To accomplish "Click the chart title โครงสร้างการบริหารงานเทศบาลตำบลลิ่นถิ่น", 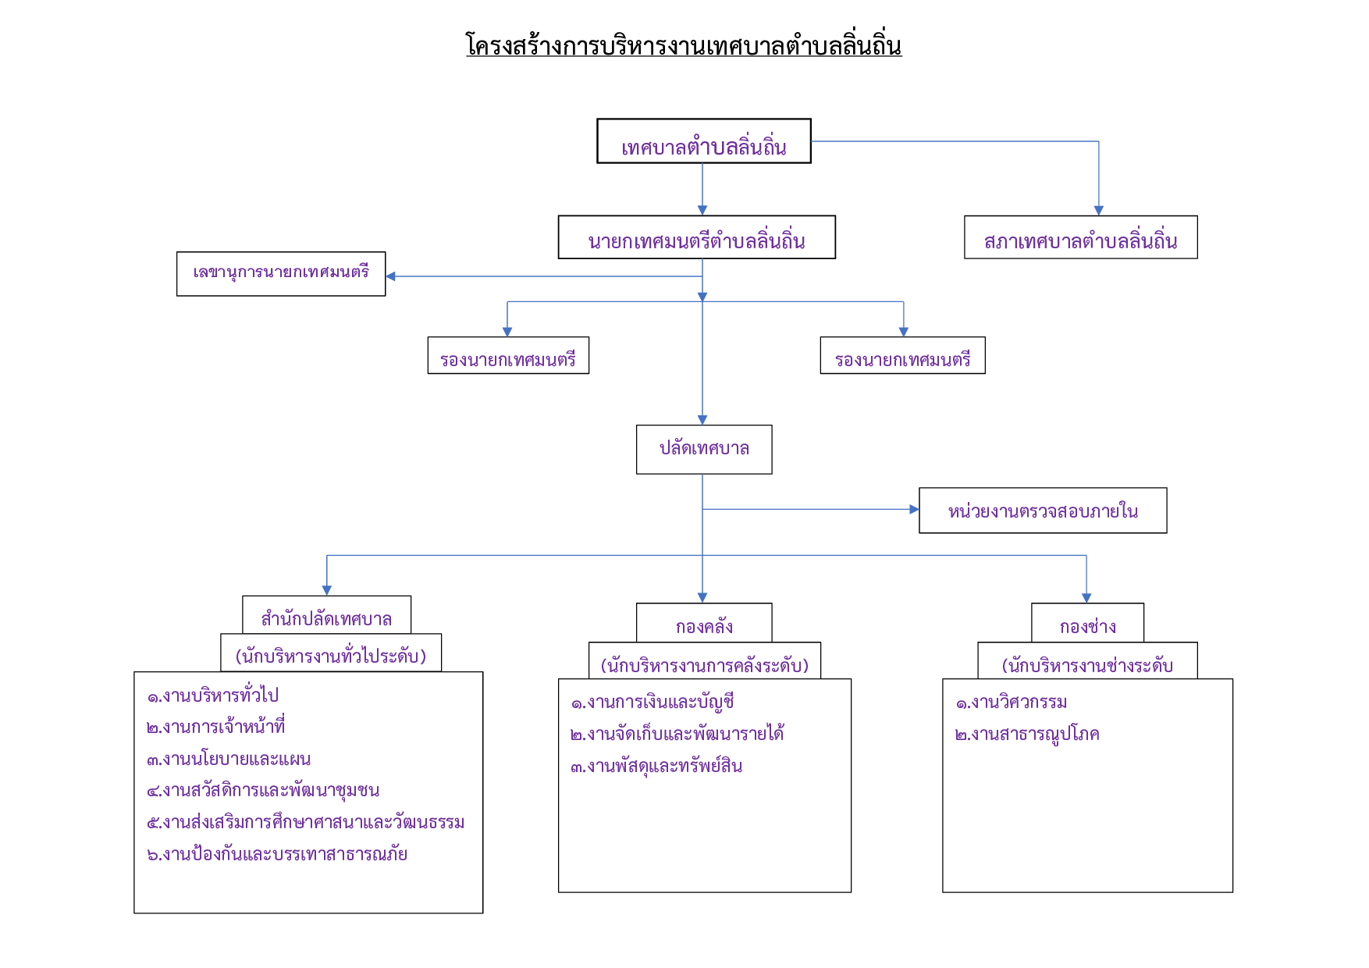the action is pos(684,45).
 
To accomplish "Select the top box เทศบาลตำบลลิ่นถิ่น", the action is pos(704,141).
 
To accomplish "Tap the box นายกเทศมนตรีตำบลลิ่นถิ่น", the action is pos(697,237).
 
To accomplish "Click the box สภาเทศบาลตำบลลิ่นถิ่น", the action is pos(1081,237).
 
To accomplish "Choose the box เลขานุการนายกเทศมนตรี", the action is pos(281,274).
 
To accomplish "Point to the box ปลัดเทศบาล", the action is pos(704,450).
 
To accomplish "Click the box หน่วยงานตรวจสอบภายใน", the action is pos(1043,511).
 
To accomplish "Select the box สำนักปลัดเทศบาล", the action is pos(326,615).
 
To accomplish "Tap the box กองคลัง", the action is pos(704,623).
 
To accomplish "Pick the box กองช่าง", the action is pos(1088,623).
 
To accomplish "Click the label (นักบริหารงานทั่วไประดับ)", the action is pos(331,654).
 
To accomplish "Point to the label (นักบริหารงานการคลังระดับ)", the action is pos(705,664).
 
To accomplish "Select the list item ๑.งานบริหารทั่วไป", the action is pos(212,694).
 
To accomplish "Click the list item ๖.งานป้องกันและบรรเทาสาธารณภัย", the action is pos(277,853).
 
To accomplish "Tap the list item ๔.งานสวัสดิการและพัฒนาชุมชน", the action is pos(263,789).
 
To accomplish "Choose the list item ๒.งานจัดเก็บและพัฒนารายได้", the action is pos(677,733).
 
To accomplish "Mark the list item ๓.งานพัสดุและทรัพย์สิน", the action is pos(656,765).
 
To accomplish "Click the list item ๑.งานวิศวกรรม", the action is pos(1011,701).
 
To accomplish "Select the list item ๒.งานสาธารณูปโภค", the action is pos(1027,733).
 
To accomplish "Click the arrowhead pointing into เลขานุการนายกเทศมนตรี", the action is pos(390,276).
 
